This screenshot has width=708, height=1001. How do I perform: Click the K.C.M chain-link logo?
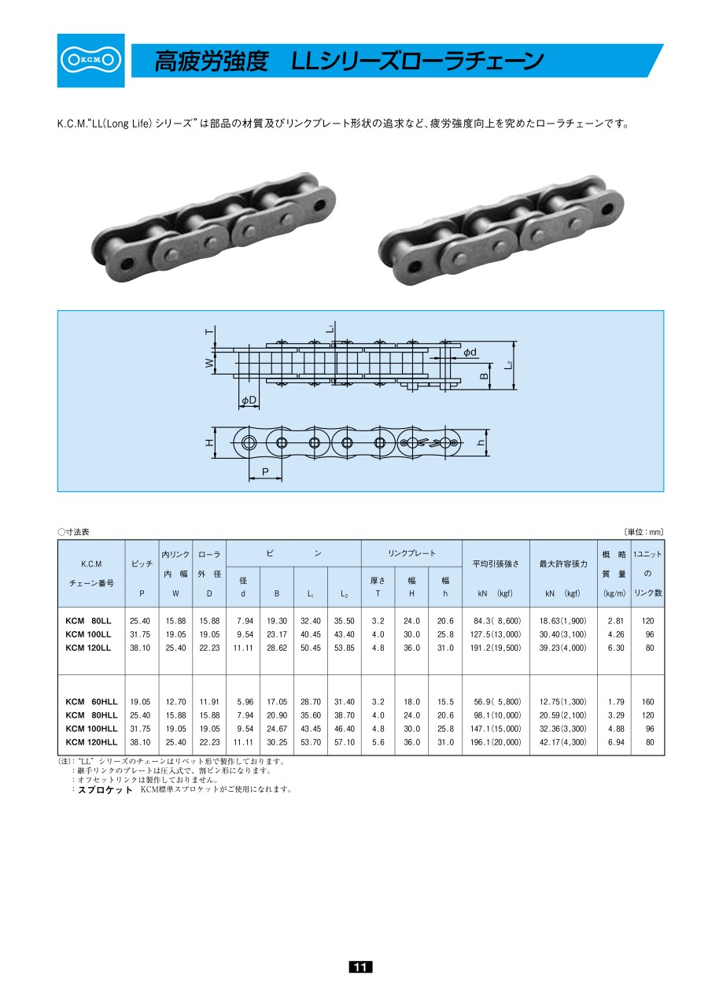[x=90, y=60]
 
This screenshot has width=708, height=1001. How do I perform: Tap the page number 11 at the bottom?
[x=360, y=966]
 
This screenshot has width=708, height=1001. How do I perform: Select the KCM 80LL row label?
[x=88, y=621]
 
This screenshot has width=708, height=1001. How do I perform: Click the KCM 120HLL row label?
[x=91, y=742]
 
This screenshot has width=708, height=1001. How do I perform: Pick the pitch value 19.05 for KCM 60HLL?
[x=140, y=702]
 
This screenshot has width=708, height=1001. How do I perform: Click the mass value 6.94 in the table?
[x=615, y=742]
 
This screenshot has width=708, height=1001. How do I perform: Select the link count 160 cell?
[x=647, y=702]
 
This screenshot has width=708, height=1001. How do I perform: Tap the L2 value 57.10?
[x=344, y=742]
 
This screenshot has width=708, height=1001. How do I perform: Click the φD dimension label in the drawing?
[x=249, y=400]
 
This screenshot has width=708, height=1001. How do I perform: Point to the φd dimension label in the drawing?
[x=470, y=352]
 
